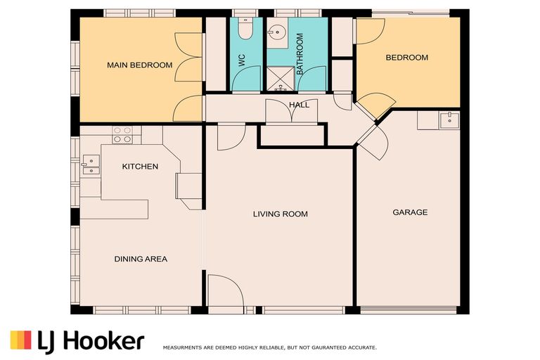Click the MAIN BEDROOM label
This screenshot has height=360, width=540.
pyautogui.click(x=139, y=65)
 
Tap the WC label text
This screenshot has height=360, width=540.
pyautogui.click(x=241, y=60)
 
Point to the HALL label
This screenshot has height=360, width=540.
pyautogui.click(x=299, y=105)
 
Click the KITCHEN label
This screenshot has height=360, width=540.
pyautogui.click(x=140, y=167)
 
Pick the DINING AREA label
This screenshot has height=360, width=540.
pyautogui.click(x=141, y=259)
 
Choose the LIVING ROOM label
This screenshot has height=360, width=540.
pyautogui.click(x=281, y=214)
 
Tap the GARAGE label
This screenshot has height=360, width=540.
pyautogui.click(x=410, y=212)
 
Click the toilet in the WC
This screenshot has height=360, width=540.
pyautogui.click(x=245, y=28)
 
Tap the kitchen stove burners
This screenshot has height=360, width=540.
pyautogui.click(x=122, y=134)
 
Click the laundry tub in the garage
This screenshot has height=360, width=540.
pyautogui.click(x=446, y=120)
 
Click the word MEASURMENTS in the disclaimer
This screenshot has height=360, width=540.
pyautogui.click(x=185, y=347)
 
